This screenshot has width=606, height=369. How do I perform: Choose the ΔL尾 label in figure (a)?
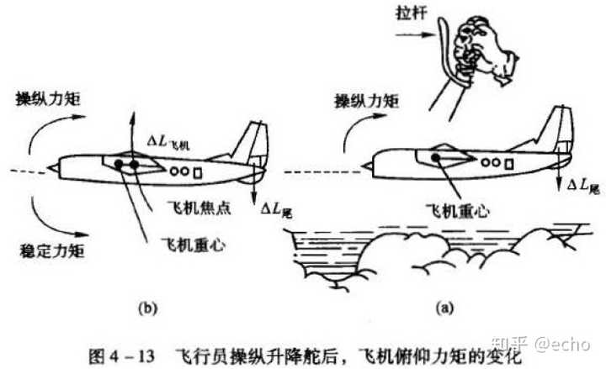pyautogui.click(x=584, y=183)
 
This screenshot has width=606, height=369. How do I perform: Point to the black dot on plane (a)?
pyautogui.click(x=436, y=157)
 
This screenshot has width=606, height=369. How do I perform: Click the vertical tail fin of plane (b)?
pyautogui.click(x=252, y=143)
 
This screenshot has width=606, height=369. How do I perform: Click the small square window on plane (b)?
pyautogui.click(x=199, y=172)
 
